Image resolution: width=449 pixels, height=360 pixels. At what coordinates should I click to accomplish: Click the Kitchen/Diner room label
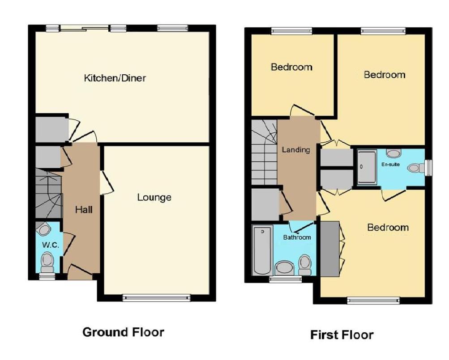[115, 78]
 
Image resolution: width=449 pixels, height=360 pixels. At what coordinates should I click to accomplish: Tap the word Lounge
[154, 197]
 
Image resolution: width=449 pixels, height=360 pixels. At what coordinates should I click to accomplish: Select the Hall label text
[84, 209]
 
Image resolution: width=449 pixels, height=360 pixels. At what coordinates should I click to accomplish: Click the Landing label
[296, 150]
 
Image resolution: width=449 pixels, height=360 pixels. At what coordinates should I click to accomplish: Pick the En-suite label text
[390, 164]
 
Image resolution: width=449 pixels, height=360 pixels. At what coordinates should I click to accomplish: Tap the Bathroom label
[297, 237]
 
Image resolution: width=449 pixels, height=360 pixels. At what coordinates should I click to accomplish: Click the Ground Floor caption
[123, 332]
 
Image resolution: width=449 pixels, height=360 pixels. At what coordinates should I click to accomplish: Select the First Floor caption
[342, 335]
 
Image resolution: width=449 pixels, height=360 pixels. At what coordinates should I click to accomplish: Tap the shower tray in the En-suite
[367, 167]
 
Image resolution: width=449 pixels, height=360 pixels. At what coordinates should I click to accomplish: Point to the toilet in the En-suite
[416, 168]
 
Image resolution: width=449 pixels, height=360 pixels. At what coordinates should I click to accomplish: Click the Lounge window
[157, 297]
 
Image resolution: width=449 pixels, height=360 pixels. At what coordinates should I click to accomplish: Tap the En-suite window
[429, 167]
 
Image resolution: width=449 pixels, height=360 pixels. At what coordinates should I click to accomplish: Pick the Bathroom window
[285, 279]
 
